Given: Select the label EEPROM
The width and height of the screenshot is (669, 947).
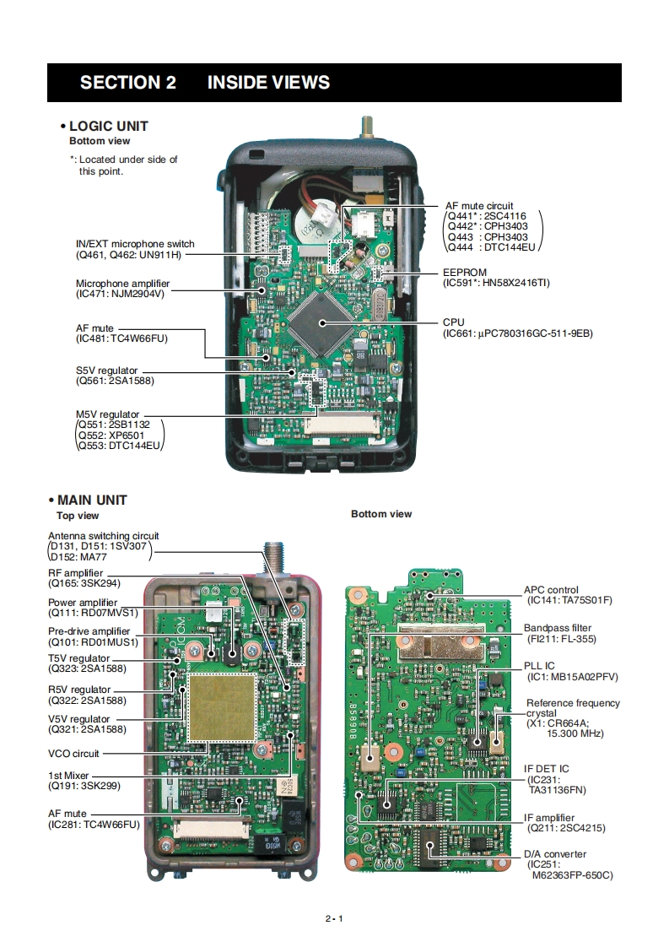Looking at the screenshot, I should click(x=464, y=273).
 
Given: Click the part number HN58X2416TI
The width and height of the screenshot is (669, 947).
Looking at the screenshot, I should click(x=510, y=283).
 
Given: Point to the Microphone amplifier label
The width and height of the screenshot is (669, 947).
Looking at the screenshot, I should click(x=122, y=284).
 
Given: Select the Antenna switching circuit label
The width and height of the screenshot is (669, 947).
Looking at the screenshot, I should click(x=103, y=535).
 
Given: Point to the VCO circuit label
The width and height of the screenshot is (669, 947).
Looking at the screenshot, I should click(x=73, y=754).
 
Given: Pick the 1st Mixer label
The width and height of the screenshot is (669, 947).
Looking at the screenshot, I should click(x=68, y=775).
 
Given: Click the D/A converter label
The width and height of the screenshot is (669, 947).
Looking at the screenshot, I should click(x=554, y=854).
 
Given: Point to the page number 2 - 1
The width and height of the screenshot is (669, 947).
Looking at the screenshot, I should click(x=333, y=918).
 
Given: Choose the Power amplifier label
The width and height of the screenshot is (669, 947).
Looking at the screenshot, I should click(x=83, y=603).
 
